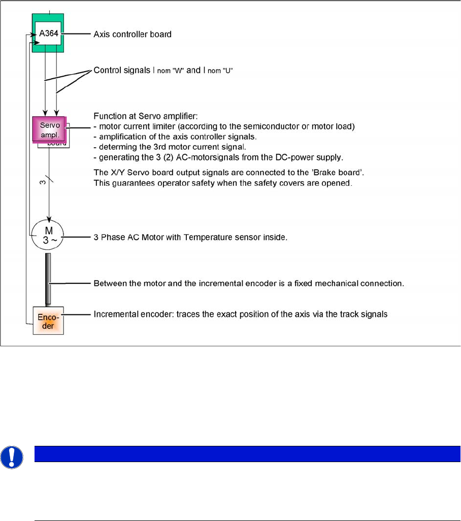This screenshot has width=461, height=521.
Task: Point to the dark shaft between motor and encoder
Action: click(48, 278)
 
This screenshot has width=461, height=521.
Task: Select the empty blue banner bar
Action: click(247, 454)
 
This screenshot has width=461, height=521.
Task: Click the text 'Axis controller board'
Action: click(133, 35)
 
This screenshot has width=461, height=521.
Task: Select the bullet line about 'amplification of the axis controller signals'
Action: click(183, 135)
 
